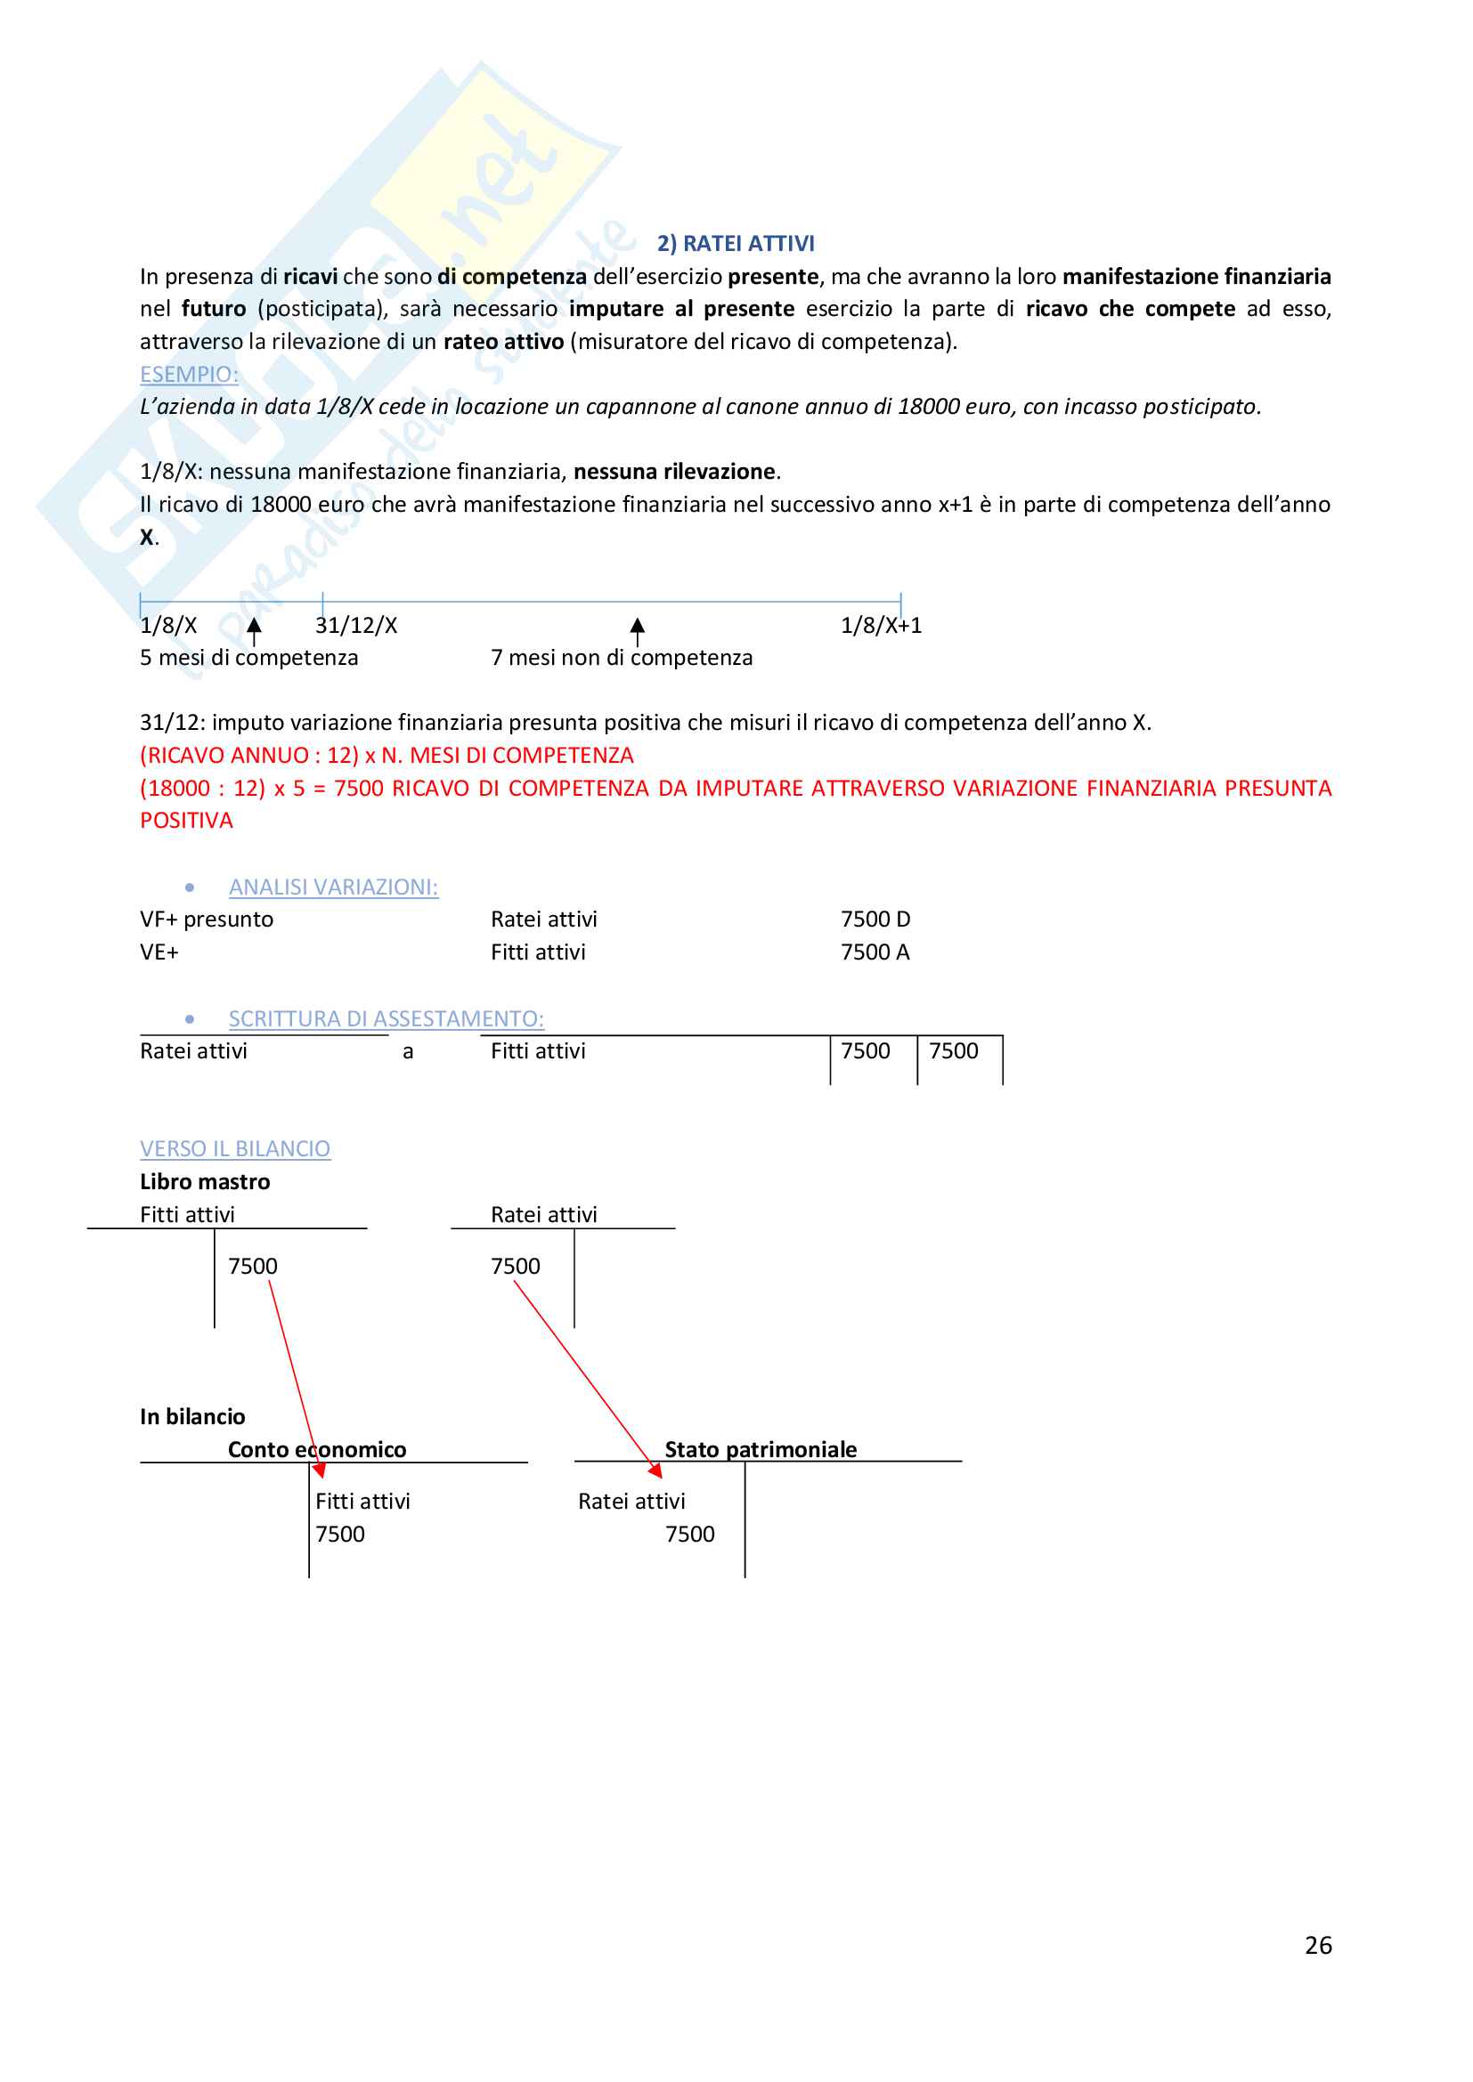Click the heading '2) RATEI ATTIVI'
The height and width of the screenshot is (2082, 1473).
point(736,243)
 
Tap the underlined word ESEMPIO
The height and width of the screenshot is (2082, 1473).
point(189,375)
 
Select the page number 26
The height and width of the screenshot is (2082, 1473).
point(1318,1945)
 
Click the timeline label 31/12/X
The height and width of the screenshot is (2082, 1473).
point(355,626)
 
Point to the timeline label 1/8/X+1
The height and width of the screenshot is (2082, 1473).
point(881,626)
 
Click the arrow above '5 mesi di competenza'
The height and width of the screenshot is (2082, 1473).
point(254,630)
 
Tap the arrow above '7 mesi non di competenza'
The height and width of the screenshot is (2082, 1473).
point(638,630)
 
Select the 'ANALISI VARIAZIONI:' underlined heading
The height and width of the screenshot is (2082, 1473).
point(333,887)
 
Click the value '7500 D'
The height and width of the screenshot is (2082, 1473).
point(875,919)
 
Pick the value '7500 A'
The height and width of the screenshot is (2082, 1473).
point(875,952)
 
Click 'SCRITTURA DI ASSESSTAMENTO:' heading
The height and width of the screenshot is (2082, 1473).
point(386,1019)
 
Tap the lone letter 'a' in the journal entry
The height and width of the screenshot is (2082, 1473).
point(408,1052)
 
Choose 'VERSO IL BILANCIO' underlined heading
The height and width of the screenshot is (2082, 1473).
point(235,1149)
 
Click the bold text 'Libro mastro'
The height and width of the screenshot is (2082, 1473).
point(205,1181)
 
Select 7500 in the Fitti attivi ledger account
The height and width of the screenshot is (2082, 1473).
point(252,1266)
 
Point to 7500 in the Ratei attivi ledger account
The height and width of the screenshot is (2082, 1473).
point(515,1266)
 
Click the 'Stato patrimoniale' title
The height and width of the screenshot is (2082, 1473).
point(760,1449)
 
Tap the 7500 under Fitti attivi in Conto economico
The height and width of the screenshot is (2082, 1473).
point(340,1535)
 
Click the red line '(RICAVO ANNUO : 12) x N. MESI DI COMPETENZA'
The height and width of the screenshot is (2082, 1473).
point(387,756)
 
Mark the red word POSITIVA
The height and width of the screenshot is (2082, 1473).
point(186,821)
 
